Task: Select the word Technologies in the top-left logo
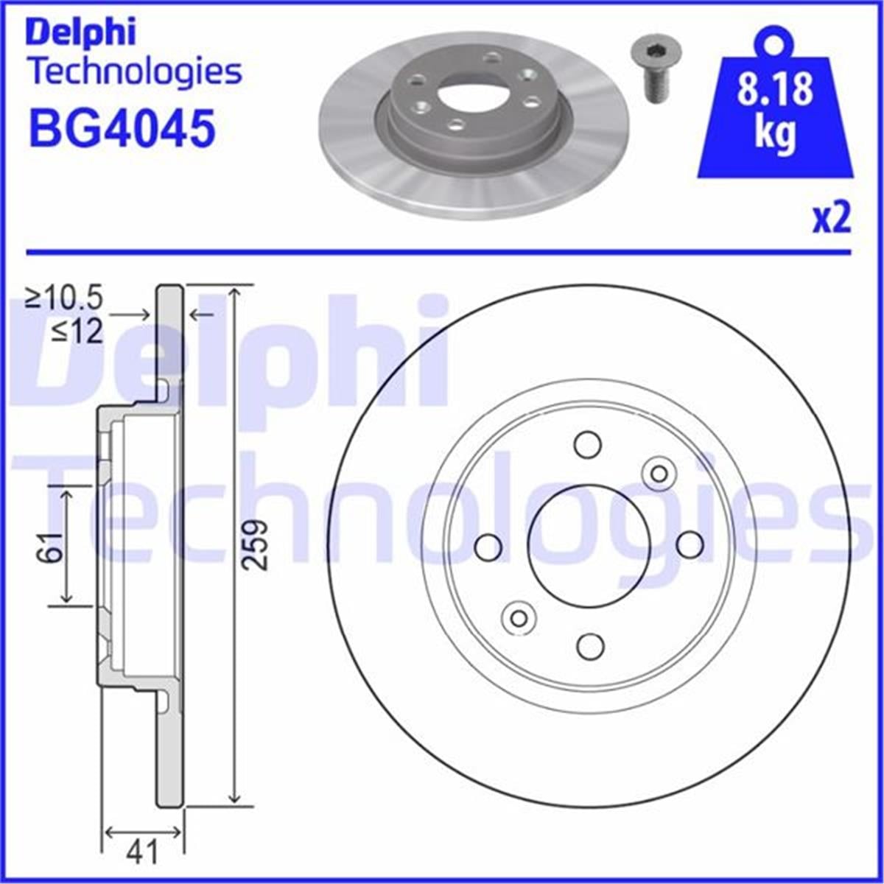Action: point(134,71)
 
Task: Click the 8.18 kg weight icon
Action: point(775,110)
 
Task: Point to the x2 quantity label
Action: point(831,219)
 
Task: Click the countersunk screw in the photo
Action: point(655,70)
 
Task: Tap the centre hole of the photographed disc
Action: point(470,95)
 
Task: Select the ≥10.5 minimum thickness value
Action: point(64,298)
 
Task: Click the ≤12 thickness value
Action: point(77,332)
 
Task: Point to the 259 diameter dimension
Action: point(255,544)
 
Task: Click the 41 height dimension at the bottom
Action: point(143,852)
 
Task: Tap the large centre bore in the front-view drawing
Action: point(589,544)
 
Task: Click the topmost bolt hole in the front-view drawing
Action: point(588,444)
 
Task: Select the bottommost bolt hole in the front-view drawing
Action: point(589,645)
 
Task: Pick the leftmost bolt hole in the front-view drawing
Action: point(488,546)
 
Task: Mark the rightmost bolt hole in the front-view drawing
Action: point(690,544)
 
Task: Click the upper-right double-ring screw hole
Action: point(658,474)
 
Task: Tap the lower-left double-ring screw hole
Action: point(519,616)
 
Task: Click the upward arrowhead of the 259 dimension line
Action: point(234,292)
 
